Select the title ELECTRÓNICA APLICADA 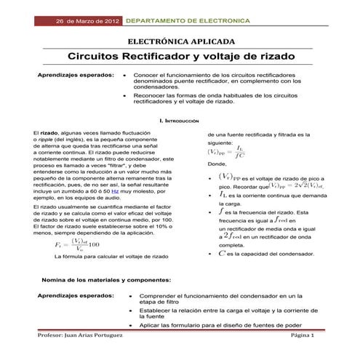tap(180, 41)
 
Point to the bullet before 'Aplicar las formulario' tap(129, 325)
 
